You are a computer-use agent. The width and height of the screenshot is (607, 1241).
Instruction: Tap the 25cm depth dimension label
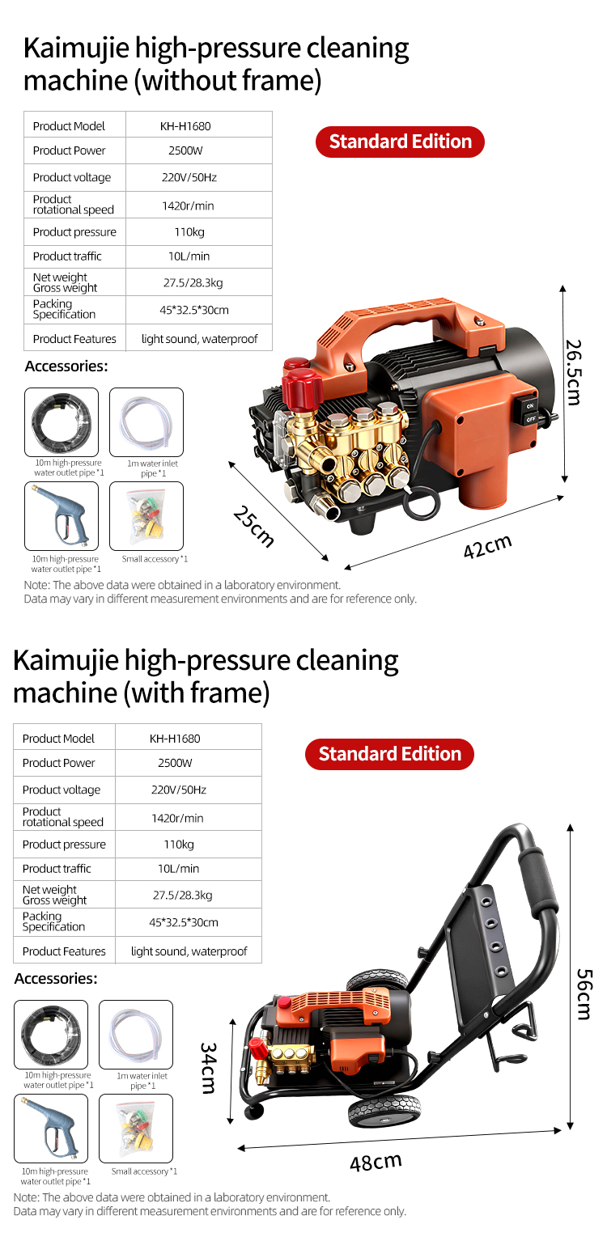point(253,527)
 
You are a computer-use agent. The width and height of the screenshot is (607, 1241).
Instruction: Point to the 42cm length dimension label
point(488,546)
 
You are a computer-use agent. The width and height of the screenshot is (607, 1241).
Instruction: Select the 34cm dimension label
point(208,1068)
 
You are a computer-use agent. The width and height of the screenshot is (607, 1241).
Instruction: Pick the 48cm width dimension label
point(376,1162)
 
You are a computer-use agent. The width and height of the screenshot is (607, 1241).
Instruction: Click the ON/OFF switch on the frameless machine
point(530,413)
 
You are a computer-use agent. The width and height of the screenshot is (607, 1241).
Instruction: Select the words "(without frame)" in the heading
point(227,81)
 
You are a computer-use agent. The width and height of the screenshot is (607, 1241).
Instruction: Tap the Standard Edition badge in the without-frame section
point(401,142)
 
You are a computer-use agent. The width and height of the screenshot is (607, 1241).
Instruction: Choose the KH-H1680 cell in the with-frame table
point(175,739)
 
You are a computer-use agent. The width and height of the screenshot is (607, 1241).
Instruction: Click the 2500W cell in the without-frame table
point(185,150)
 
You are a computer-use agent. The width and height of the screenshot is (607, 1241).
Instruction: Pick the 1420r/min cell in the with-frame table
point(177,818)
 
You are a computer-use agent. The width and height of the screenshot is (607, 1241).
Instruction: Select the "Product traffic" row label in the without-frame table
point(67,256)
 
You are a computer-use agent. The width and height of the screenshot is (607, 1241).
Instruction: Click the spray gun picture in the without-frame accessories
point(62,516)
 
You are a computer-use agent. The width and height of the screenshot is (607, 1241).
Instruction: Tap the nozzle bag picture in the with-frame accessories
point(136,1128)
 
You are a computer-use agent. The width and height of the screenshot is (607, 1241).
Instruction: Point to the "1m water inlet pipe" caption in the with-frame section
point(142,1080)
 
